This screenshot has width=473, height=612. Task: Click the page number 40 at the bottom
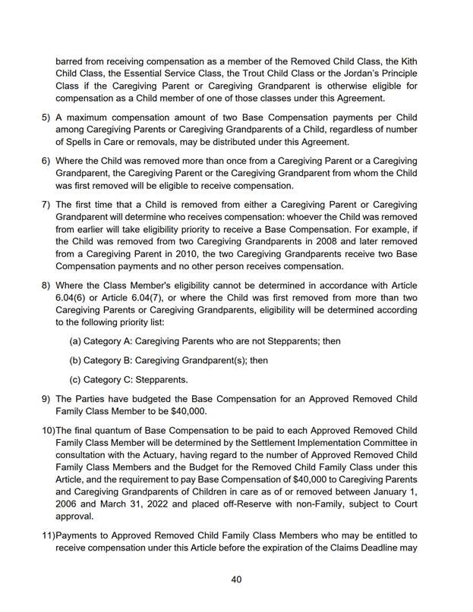pos(236,579)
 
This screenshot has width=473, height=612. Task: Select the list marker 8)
pos(45,285)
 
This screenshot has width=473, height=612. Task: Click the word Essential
pos(145,73)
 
